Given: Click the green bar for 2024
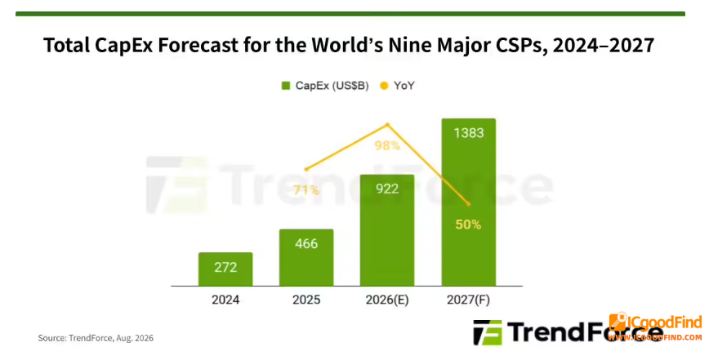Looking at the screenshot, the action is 225,269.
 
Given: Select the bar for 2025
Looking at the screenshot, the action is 306,257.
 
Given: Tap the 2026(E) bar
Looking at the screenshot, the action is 387,230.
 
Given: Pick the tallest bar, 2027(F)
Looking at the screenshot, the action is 469,202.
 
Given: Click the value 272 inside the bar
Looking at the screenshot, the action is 225,268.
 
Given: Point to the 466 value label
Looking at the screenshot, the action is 306,244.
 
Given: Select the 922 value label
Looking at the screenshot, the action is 387,189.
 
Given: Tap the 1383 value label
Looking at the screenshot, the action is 469,133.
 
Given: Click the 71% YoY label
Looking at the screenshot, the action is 306,190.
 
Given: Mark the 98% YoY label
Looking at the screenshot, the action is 387,145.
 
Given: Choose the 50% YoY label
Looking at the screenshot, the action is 468,224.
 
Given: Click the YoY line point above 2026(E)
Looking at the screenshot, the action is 387,124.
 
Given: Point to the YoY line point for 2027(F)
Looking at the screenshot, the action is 469,204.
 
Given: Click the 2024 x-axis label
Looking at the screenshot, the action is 225,300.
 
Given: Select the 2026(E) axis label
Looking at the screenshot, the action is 387,300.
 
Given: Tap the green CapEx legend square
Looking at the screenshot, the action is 285,86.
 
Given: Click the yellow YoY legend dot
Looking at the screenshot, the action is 384,86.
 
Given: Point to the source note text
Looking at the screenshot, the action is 96,338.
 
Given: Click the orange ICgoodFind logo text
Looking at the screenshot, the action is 664,322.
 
